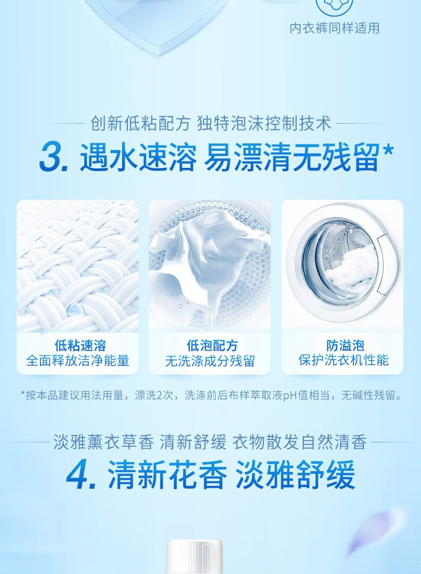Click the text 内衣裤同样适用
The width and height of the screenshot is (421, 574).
(335, 28)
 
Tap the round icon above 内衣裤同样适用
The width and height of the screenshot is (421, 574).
(335, 5)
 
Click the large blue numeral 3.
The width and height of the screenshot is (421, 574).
(53, 158)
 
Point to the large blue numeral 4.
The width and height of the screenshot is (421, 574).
(81, 476)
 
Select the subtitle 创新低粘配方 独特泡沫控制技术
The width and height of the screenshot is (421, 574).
(210, 124)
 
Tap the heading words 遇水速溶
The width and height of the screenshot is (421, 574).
(137, 158)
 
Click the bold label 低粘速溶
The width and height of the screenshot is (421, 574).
(78, 345)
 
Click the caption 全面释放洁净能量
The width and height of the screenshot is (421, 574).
(78, 361)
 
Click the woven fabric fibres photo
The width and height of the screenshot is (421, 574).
(78, 266)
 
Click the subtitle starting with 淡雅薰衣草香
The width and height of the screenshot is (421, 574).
(210, 442)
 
